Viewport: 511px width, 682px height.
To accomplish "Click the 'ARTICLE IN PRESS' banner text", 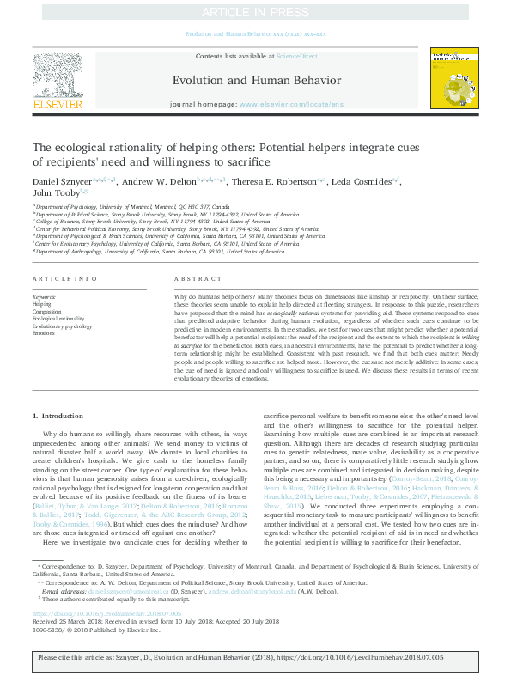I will click(255, 12).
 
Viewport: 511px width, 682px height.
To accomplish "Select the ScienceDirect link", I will click(296, 55).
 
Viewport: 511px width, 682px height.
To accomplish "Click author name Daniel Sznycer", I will click(61, 181).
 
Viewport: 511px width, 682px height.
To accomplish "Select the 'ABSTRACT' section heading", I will click(198, 280).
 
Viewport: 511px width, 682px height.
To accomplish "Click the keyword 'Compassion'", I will click(47, 311).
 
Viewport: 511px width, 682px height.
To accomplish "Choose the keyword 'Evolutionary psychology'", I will click(62, 326).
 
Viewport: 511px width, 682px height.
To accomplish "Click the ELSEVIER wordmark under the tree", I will click(58, 105).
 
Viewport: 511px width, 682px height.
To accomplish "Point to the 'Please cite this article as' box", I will click(255, 657).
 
